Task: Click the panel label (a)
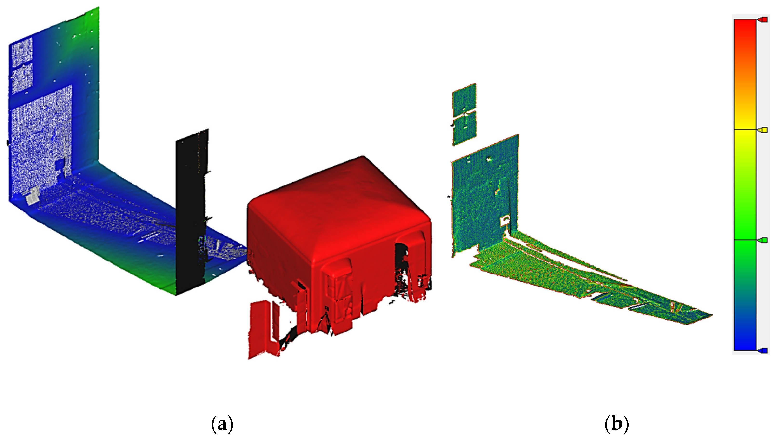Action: [x=222, y=424]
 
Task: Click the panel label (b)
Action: [x=616, y=424]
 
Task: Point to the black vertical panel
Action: [x=191, y=211]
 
